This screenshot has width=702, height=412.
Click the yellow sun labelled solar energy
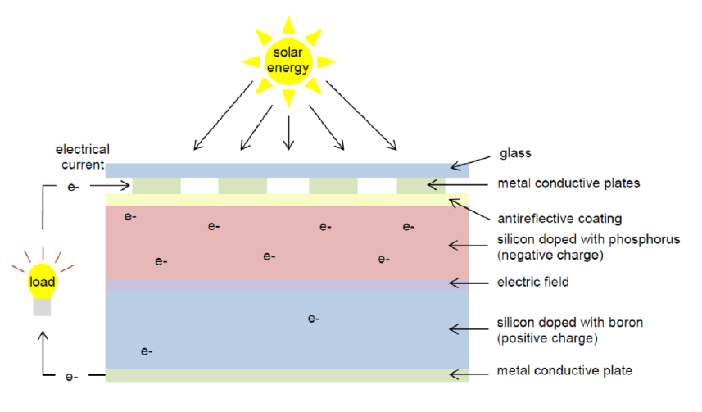click(x=288, y=61)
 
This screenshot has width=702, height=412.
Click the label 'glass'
click(x=515, y=153)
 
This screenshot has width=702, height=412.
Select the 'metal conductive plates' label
click(x=568, y=183)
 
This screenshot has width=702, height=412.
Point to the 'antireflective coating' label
click(x=560, y=219)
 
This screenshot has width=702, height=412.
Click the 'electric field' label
click(x=533, y=282)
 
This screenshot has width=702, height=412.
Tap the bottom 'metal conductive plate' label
click(x=564, y=370)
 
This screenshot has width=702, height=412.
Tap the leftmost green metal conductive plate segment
click(x=156, y=186)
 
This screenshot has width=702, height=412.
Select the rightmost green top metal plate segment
click(x=421, y=186)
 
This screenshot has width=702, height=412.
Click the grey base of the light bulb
click(x=42, y=307)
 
